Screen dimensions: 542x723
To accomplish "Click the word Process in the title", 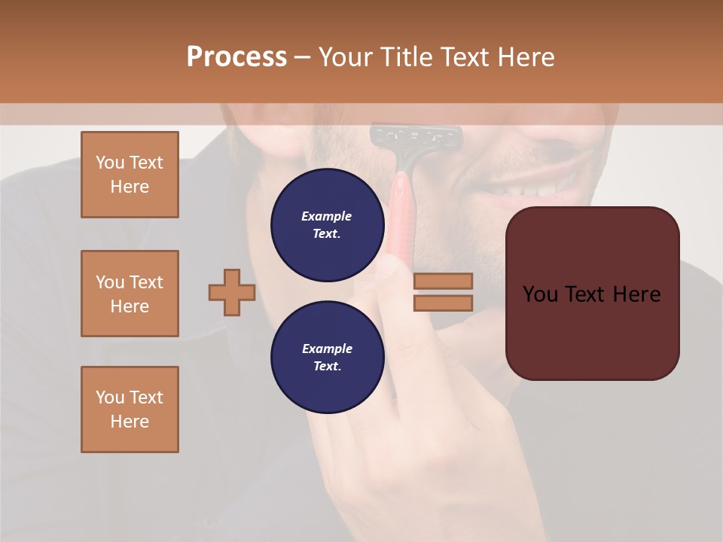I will (x=236, y=57).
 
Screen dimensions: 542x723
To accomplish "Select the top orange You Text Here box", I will (x=130, y=175).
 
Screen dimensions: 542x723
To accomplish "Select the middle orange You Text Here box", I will (x=130, y=294).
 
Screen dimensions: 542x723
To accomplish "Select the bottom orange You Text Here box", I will (x=130, y=409).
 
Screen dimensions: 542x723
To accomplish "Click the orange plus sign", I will (x=232, y=292).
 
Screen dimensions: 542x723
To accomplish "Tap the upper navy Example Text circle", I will (x=327, y=225).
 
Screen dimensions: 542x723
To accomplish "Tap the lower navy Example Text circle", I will (x=327, y=358).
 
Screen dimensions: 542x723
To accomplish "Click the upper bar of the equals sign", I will (x=443, y=281).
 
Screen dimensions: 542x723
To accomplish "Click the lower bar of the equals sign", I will (x=443, y=303).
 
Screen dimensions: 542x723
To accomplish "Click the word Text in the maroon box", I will (x=591, y=294).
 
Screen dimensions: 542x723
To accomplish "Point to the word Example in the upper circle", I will (x=327, y=216).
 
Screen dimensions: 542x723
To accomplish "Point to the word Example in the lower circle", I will (x=327, y=349).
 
